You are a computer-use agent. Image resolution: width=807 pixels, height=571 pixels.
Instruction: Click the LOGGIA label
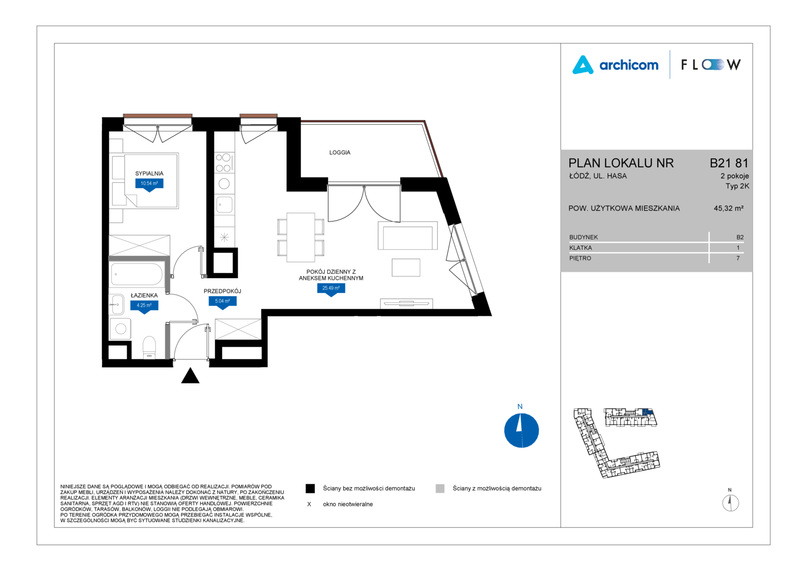point(340,153)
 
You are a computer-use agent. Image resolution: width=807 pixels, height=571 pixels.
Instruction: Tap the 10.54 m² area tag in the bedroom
point(149,185)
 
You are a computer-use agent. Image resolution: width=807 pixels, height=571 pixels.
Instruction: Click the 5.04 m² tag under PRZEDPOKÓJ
point(223,302)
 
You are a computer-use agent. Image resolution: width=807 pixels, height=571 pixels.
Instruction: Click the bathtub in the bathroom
point(137,274)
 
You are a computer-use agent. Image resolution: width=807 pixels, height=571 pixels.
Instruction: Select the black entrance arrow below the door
point(190,375)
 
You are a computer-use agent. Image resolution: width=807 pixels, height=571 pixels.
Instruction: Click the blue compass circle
point(521,430)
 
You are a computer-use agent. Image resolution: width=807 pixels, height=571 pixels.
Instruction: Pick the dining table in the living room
point(301,237)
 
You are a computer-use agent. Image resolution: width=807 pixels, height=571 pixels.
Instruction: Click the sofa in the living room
point(408,236)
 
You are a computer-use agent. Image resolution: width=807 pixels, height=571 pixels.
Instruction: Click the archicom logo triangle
point(583,65)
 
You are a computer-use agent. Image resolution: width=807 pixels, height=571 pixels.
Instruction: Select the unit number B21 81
point(729,163)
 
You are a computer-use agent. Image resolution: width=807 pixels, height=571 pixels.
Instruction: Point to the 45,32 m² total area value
point(728,208)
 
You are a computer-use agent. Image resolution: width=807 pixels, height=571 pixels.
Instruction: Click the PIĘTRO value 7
point(738,258)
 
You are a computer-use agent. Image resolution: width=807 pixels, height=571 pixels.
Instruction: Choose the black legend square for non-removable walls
point(310,489)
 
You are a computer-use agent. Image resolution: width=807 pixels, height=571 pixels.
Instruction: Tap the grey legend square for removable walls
point(440,489)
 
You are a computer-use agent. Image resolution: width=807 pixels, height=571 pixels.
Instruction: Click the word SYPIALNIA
point(149,173)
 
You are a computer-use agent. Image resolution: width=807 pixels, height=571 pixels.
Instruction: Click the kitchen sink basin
point(224,205)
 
